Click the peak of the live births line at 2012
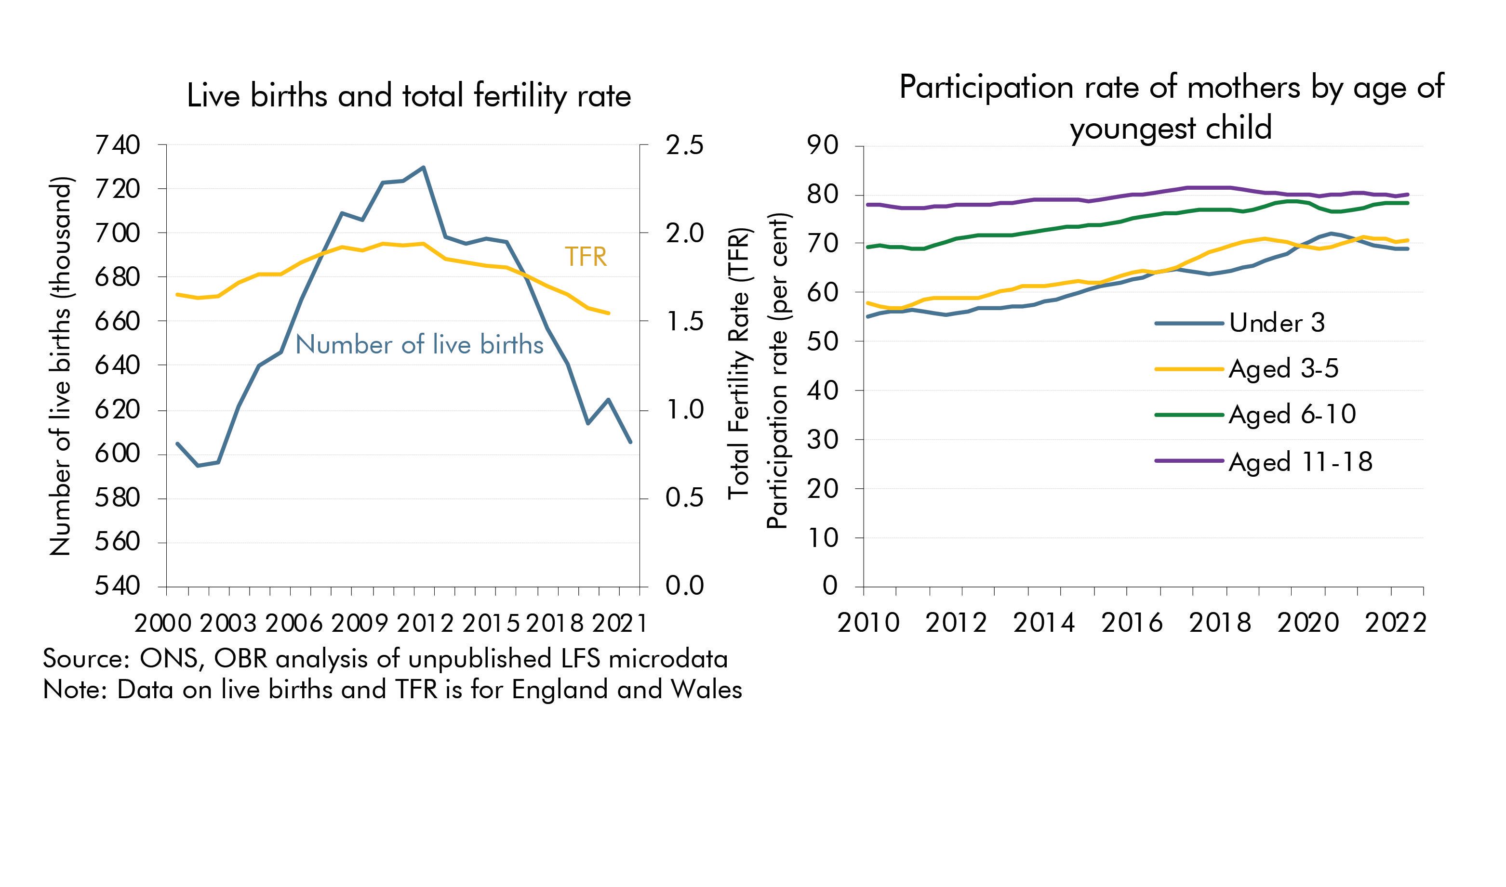(x=424, y=168)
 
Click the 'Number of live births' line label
(x=419, y=345)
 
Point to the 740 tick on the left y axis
(x=117, y=145)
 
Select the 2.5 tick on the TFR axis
(x=684, y=145)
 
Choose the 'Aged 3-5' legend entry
(x=1283, y=369)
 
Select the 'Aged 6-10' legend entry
(x=1292, y=414)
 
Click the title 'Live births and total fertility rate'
(x=409, y=96)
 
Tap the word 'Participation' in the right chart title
(x=986, y=88)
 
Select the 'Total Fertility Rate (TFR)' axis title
(x=738, y=364)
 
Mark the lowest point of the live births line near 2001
(x=198, y=465)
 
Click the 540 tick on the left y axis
(x=117, y=586)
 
